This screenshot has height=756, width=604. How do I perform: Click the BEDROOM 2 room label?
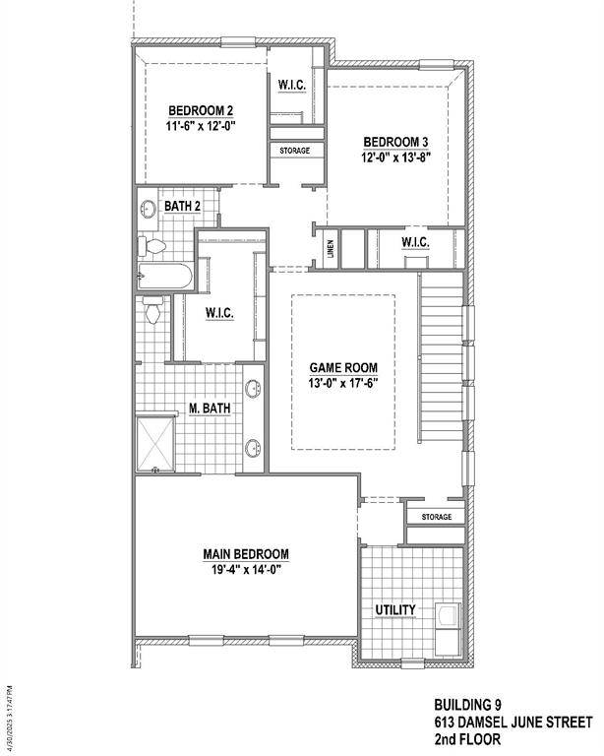click(x=200, y=110)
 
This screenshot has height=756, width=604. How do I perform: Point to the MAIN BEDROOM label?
click(x=246, y=553)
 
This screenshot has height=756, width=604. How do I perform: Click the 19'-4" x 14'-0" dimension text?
click(x=246, y=569)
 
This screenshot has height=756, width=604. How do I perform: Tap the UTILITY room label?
click(x=394, y=610)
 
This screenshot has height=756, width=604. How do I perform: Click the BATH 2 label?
click(x=183, y=206)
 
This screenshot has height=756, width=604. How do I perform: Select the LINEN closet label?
click(x=331, y=249)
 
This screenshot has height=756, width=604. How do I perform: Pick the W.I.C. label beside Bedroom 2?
click(x=292, y=86)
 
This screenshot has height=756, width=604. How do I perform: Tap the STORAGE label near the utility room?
click(x=437, y=517)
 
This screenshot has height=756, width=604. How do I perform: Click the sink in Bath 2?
click(x=148, y=210)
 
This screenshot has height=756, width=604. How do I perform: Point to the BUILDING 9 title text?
click(x=467, y=705)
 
